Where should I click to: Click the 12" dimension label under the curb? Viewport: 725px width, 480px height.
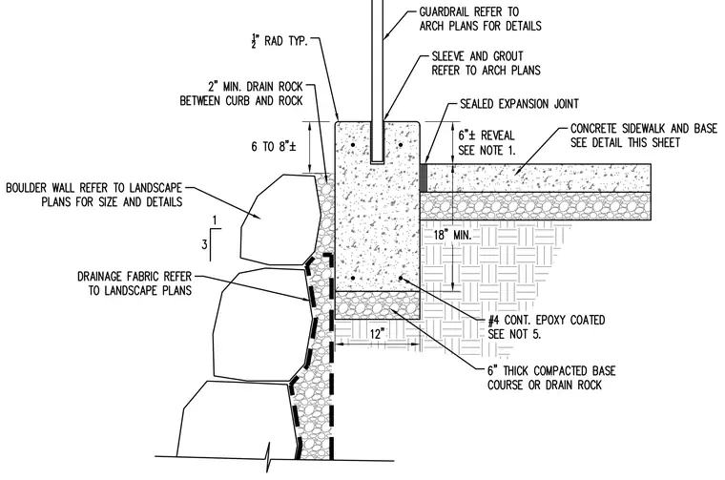tap(378, 333)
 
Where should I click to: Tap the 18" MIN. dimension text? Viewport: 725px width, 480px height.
tap(452, 235)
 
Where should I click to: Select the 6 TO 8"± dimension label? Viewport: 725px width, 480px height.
tap(273, 147)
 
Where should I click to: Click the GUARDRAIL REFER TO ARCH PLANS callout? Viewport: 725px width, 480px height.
tap(480, 18)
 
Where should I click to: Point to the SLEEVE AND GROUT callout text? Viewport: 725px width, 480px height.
tap(486, 63)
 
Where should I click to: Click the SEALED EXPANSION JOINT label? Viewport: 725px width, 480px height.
tap(519, 104)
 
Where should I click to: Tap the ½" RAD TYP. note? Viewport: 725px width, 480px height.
tap(280, 41)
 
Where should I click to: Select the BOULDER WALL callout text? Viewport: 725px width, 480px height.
tap(93, 195)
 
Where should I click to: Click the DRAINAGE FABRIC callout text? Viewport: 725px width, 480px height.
tap(135, 283)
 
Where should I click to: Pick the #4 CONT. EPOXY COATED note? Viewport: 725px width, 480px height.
tap(546, 327)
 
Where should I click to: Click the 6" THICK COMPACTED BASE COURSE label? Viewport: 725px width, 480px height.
tap(551, 378)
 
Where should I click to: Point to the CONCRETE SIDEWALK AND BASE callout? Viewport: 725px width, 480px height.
tap(644, 135)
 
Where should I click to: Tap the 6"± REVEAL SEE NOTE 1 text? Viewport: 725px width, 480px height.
tap(487, 142)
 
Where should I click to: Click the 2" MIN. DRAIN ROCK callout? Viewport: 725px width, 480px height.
tap(241, 94)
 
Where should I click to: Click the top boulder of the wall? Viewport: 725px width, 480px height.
tap(280, 220)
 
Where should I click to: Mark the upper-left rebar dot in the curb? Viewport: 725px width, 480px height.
tap(353, 145)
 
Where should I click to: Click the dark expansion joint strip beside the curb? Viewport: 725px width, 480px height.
tap(423, 177)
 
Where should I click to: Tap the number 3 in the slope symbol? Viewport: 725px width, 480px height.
tap(204, 243)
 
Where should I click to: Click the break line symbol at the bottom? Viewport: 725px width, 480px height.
tap(268, 458)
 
